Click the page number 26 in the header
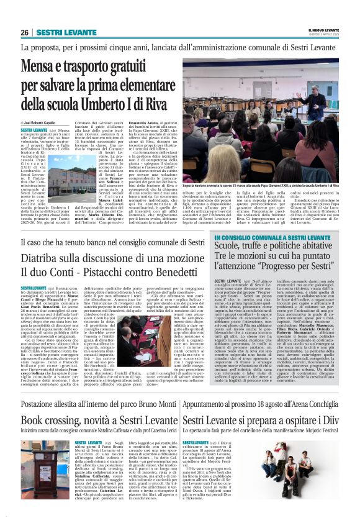coord(24,32)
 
